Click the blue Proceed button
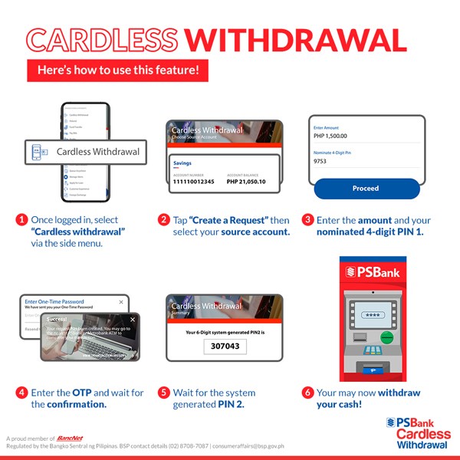pyautogui.click(x=366, y=189)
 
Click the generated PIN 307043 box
pyautogui.click(x=225, y=347)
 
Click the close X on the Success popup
pyautogui.click(x=132, y=319)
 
